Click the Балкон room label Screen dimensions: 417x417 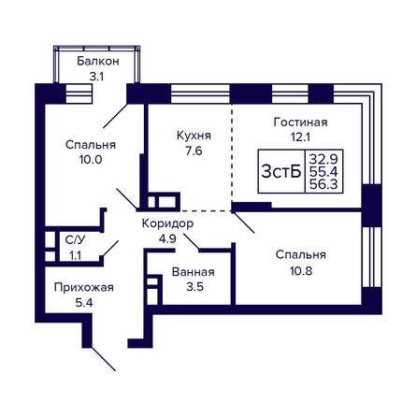coord(98,61)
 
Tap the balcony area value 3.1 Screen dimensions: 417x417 coord(96,77)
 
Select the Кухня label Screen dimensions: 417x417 coord(194,136)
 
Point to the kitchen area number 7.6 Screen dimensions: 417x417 coord(194,151)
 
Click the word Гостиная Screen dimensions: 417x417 coord(300,122)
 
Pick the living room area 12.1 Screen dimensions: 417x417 coord(300,137)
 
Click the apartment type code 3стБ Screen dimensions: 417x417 coord(281,171)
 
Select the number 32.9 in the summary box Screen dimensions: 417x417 coord(324,159)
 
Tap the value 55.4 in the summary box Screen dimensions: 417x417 coord(324,172)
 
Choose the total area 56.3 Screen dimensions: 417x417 coord(324,184)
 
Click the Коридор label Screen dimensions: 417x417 coord(167,223)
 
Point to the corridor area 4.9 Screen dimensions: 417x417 coord(167,239)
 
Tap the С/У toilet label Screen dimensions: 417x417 coord(75,240)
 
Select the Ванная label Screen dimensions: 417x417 coord(194,272)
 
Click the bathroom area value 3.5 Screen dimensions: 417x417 coord(195,287)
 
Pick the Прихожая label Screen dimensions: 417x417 coord(84,288)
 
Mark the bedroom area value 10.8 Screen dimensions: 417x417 coord(301,271)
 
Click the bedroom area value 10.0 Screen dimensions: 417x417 coord(91,160)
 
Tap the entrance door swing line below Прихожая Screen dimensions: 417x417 coord(104,359)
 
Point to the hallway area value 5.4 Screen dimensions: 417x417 coord(84,303)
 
